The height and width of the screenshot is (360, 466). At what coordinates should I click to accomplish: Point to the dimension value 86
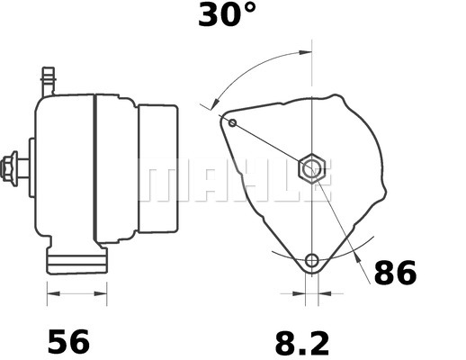pyautogui.click(x=395, y=272)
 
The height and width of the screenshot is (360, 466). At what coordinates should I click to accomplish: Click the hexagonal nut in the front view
pyautogui.click(x=311, y=167)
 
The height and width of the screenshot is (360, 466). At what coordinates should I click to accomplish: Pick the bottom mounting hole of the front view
pyautogui.click(x=312, y=262)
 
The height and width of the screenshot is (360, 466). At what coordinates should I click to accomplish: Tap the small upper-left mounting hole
pyautogui.click(x=233, y=121)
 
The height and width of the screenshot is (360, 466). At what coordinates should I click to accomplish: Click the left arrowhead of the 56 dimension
pyautogui.click(x=51, y=292)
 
